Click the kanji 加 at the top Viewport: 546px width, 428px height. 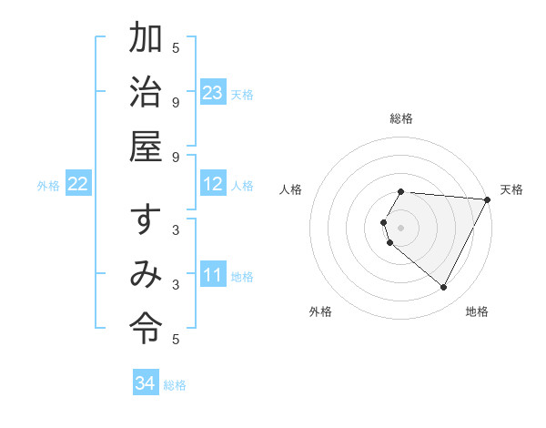pyautogui.click(x=147, y=39)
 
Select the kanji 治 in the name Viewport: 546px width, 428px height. pyautogui.click(x=147, y=93)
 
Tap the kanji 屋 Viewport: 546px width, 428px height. pyautogui.click(x=147, y=146)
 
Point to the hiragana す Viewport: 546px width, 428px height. pyautogui.click(x=146, y=221)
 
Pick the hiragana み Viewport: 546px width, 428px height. pyautogui.click(x=147, y=274)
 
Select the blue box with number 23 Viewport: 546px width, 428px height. pyautogui.click(x=213, y=93)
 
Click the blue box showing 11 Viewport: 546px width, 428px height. pyautogui.click(x=213, y=274)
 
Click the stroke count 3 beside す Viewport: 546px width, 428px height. pyautogui.click(x=176, y=230)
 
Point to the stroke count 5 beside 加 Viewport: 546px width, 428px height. pyautogui.click(x=176, y=47)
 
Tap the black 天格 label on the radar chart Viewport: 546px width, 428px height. pyautogui.click(x=512, y=189)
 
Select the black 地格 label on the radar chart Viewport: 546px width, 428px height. pyautogui.click(x=477, y=311)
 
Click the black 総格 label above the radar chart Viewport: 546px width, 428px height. pyautogui.click(x=401, y=118)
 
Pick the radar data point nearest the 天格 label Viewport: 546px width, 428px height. pyautogui.click(x=488, y=199)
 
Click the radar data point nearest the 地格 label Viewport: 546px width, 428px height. pyautogui.click(x=444, y=288)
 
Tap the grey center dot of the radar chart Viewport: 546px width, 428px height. pyautogui.click(x=401, y=227)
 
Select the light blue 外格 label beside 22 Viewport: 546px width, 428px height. pyautogui.click(x=48, y=186)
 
